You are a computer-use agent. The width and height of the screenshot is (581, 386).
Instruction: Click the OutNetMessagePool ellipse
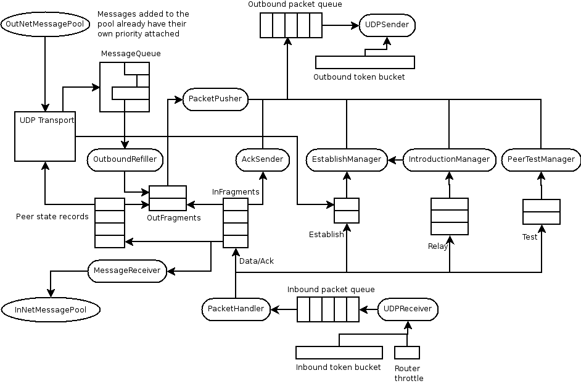(x=45, y=25)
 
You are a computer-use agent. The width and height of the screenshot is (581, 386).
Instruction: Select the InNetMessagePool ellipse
(x=51, y=310)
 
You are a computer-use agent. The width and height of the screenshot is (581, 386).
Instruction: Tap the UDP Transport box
(x=45, y=136)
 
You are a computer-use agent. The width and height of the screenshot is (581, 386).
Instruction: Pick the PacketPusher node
(x=216, y=99)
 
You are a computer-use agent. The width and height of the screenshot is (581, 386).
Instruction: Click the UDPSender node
(x=387, y=26)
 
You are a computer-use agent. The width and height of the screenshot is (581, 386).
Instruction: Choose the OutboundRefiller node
(x=125, y=160)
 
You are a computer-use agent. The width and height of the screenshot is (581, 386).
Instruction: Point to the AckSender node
(x=262, y=160)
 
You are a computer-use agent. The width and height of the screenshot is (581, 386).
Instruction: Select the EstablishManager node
(x=347, y=160)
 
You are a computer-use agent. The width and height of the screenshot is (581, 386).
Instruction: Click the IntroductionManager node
(x=450, y=160)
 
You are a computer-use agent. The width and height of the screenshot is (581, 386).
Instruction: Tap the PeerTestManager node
(x=541, y=160)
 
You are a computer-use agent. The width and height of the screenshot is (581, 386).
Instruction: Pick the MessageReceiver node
(x=127, y=271)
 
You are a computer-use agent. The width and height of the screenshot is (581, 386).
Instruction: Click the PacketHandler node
(x=236, y=309)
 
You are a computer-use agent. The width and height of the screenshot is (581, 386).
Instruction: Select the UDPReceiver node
(x=408, y=309)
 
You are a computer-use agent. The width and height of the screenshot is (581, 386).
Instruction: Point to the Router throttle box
(x=407, y=353)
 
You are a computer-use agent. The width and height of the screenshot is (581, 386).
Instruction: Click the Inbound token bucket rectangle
(x=339, y=353)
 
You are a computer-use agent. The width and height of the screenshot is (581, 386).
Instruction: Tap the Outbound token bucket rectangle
(x=365, y=62)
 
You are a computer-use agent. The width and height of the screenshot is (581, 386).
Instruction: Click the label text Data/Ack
(x=257, y=261)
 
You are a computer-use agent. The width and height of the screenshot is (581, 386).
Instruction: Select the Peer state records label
(x=52, y=217)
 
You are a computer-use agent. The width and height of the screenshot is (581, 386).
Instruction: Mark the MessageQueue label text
(x=131, y=54)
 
